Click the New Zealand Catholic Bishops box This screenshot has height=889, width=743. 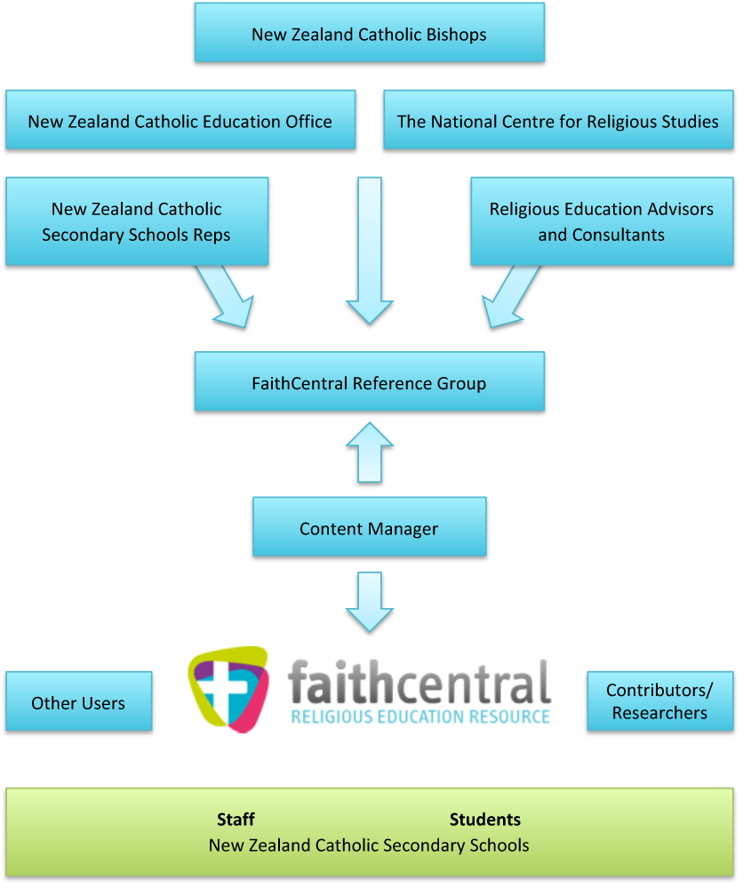pos(369,33)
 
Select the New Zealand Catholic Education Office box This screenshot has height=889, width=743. pos(180,120)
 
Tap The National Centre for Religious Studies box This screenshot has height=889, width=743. pos(558,120)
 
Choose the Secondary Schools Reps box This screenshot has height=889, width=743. pos(137,221)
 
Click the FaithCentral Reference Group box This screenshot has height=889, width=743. pos(369,382)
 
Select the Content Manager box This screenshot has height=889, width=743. pos(369,527)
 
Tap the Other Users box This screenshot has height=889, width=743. pos(78,702)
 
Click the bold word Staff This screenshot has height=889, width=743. pos(236,820)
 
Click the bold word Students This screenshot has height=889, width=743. pos(485,820)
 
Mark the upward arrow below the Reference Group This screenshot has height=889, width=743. pos(369,453)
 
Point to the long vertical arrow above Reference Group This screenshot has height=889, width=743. pos(369,249)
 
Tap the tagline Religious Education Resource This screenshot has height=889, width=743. pos(420,716)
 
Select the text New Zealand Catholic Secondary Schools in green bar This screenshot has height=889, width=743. pos(369,845)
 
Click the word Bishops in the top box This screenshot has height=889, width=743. pos(455,35)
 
